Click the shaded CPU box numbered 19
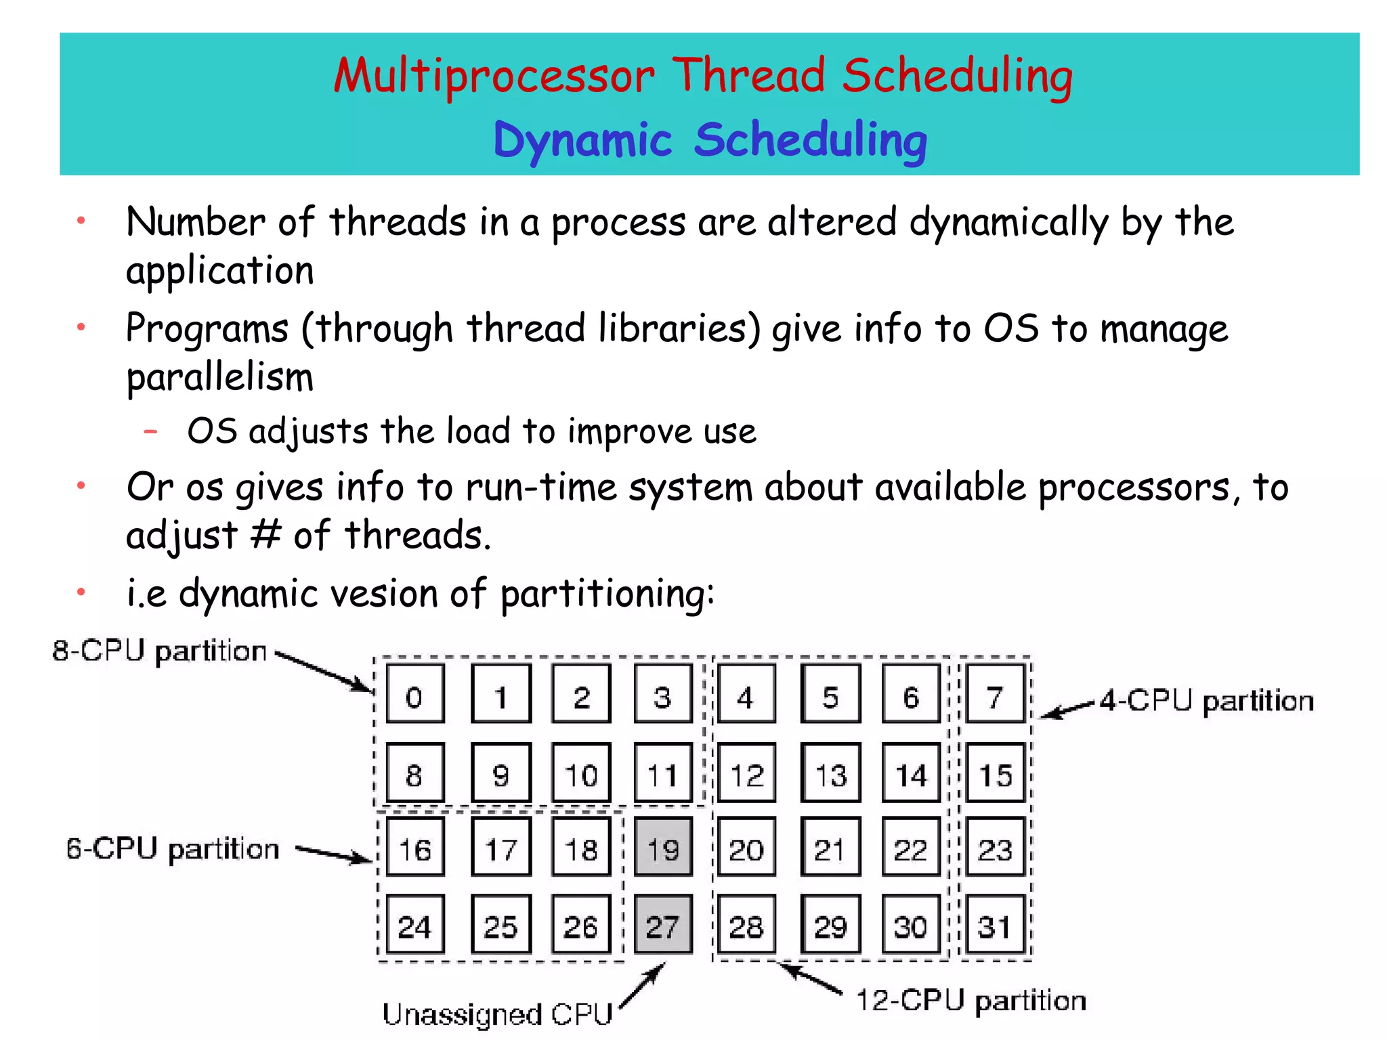pyautogui.click(x=663, y=847)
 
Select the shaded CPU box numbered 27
pyautogui.click(x=663, y=925)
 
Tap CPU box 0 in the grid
pyautogui.click(x=415, y=694)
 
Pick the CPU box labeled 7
pyautogui.click(x=995, y=694)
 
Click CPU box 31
pyautogui.click(x=995, y=925)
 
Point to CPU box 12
pyautogui.click(x=746, y=773)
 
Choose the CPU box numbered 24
pyautogui.click(x=415, y=925)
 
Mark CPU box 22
pyautogui.click(x=911, y=847)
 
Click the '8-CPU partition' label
pyautogui.click(x=160, y=651)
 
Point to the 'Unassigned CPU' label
pyautogui.click(x=497, y=1014)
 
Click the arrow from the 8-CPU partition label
pyautogui.click(x=324, y=672)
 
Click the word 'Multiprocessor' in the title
pyautogui.click(x=494, y=76)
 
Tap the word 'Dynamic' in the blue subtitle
pyautogui.click(x=582, y=141)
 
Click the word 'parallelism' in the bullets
pyautogui.click(x=220, y=377)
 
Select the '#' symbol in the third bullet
pyautogui.click(x=265, y=535)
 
